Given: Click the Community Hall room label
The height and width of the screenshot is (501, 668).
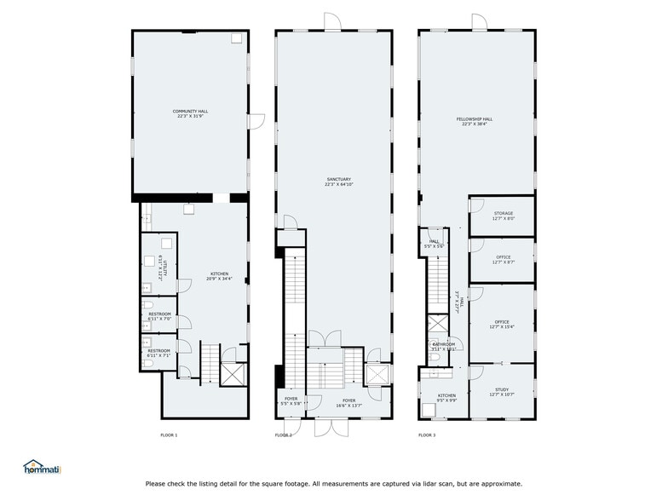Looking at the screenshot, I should point(190,113).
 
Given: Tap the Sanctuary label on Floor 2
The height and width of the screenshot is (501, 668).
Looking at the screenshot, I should point(338,181).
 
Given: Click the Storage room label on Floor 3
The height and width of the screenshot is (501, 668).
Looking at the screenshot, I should point(503,216).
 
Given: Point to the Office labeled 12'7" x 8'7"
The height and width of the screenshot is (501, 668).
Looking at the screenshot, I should point(503,260).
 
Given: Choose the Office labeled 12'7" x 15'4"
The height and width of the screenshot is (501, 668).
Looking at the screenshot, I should point(503,324).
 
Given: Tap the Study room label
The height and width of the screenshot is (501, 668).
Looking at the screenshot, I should point(502,393).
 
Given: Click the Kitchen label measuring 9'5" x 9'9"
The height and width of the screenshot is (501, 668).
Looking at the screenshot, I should point(447,397).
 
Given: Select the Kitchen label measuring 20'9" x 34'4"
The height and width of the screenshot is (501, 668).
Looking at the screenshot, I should point(219,276).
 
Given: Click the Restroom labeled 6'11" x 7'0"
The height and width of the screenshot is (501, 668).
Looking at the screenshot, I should point(159,316).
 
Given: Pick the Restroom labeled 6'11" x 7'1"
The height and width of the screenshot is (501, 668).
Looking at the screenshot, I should point(158,352).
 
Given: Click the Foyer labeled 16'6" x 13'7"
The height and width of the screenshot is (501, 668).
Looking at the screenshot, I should point(349,402).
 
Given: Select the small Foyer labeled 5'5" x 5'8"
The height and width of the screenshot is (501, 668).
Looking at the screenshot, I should point(291,401).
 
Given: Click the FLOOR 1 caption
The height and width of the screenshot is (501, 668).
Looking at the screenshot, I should point(169,435).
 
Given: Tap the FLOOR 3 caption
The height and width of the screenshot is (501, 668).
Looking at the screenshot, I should point(426,435).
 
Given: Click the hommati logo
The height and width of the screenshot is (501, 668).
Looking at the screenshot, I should point(42,467).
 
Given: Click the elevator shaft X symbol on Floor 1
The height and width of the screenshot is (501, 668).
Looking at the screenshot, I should point(233,375).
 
